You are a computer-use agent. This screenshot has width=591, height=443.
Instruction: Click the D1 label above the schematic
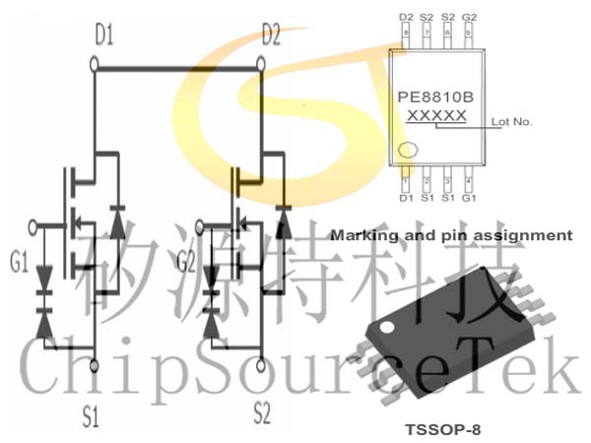(104, 34)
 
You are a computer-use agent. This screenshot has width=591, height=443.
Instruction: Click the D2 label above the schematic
(272, 34)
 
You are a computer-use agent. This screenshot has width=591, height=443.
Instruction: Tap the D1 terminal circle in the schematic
(95, 64)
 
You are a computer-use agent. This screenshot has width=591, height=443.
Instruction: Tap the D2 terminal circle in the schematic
(260, 64)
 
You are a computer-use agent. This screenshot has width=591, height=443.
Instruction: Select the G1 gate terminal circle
(33, 227)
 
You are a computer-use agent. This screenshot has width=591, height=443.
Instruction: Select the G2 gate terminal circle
(199, 227)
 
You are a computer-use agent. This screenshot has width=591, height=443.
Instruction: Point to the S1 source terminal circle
(95, 365)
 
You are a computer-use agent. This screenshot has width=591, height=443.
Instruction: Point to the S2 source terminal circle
(260, 365)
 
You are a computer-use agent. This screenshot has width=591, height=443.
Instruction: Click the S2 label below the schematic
(262, 412)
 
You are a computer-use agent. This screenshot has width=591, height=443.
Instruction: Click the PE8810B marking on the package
(435, 97)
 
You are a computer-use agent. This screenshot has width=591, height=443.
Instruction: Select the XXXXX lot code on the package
(436, 115)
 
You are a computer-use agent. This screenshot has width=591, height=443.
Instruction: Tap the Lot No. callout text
(511, 122)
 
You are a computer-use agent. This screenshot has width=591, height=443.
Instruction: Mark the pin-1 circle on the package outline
(408, 150)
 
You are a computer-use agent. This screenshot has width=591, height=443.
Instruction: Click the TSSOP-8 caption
(443, 429)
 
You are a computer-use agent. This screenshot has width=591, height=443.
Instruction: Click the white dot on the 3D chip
(387, 327)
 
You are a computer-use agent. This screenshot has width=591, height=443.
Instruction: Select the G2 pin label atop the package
(469, 18)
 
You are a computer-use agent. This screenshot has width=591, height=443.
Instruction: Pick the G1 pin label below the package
(469, 198)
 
